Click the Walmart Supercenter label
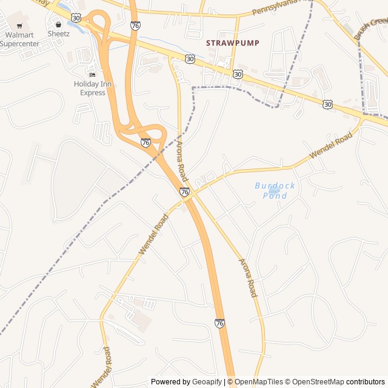tap(19, 39)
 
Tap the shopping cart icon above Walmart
tap(20, 25)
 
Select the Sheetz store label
tap(59, 34)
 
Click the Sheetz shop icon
tap(59, 24)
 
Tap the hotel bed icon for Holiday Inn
tap(92, 75)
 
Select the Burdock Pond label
tap(275, 190)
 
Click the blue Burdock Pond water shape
tap(274, 190)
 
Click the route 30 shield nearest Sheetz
tap(76, 18)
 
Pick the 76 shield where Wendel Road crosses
tap(184, 192)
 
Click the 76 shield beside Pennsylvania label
tap(135, 25)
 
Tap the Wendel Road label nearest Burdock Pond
tap(330, 146)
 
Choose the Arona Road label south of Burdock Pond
tap(247, 278)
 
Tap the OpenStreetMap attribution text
tap(315, 382)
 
